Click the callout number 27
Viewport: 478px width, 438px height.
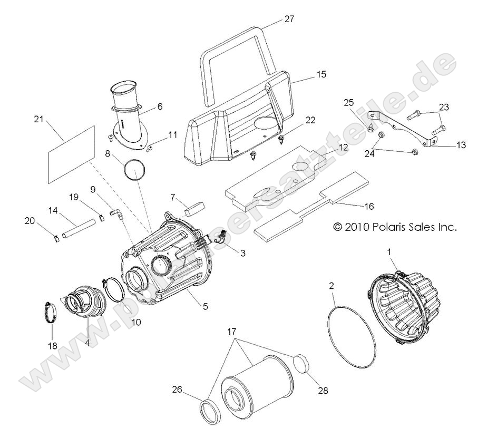point(289,18)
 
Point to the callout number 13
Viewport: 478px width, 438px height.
point(461,145)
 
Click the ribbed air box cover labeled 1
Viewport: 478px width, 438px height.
point(403,306)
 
